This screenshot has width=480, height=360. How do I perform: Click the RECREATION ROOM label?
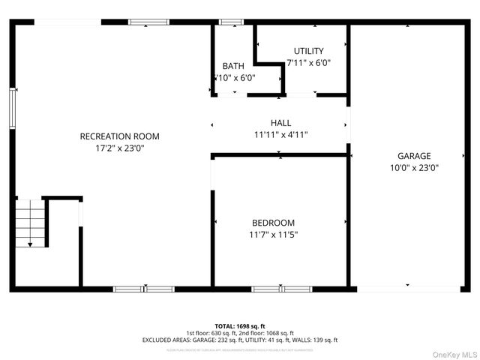tap(120, 136)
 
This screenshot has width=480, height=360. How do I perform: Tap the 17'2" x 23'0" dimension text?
tap(120, 148)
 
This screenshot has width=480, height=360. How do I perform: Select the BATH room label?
tap(233, 66)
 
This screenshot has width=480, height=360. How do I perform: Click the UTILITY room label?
tap(308, 51)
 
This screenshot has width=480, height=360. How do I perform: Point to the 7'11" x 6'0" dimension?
tap(308, 64)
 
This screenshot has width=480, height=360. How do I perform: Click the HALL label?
tap(280, 122)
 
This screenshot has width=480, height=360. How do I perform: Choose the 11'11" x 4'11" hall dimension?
tap(280, 135)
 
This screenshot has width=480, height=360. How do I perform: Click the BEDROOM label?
tap(273, 223)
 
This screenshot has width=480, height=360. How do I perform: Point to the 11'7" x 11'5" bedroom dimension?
tap(273, 235)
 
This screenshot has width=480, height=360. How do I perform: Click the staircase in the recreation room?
tap(29, 223)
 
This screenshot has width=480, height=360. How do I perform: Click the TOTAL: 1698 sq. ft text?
tap(240, 326)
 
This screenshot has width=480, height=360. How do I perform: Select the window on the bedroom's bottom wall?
tap(281, 289)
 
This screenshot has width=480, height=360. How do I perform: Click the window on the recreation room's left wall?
tap(12, 108)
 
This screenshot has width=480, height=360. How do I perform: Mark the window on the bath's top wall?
tap(231, 22)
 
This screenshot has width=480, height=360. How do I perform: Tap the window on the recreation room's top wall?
tap(148, 22)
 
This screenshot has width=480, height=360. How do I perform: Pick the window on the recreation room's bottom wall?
tap(143, 289)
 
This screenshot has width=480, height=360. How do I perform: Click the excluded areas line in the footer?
tap(240, 340)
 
